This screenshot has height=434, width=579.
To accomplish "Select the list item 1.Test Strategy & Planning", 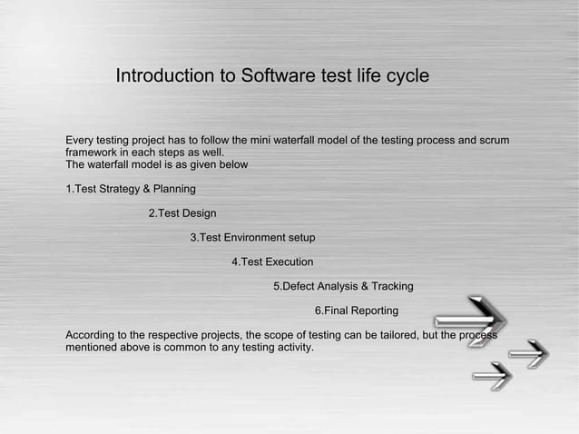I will pos(131,189).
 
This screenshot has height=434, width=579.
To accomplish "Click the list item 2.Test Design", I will pos(182,213).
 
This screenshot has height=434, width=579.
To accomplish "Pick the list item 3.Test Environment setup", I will pos(252,238).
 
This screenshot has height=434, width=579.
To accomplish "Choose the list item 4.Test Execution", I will pos(272,262).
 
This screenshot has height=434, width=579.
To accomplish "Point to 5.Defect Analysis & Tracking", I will pos(343,287).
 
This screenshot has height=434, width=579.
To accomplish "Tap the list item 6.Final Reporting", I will pos(356,311).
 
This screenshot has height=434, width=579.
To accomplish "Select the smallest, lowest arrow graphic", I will pos(492,375).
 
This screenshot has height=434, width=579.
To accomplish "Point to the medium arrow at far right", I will pos(528,353).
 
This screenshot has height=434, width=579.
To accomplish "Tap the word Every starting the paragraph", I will pos(80,140).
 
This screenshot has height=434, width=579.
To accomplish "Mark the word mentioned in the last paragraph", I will pos(93,347).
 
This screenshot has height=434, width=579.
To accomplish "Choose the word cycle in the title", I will pos(405,77).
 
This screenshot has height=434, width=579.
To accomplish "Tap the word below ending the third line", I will pos(232,165).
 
